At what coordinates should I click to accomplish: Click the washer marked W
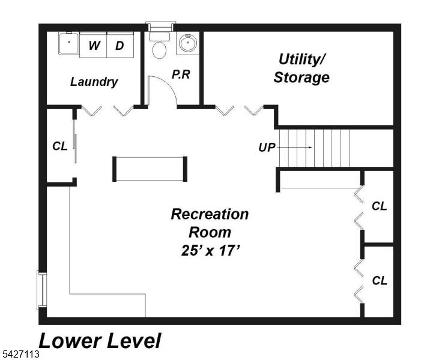click(93, 45)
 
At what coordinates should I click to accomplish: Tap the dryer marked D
click(120, 45)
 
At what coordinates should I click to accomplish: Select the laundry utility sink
click(69, 43)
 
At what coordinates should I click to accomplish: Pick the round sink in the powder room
click(188, 43)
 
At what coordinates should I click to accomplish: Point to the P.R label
click(181, 74)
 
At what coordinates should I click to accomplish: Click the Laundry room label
click(94, 82)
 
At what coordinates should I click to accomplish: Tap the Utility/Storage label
click(301, 68)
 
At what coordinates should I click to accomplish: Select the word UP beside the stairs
click(267, 148)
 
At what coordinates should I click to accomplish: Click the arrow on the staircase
click(294, 148)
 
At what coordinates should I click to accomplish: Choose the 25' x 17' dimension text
click(210, 250)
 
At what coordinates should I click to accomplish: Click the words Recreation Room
click(210, 223)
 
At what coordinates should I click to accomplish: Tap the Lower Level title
click(100, 341)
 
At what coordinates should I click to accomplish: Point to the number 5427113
click(20, 354)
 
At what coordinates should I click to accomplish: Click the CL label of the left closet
click(60, 146)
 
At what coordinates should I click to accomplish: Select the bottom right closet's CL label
click(380, 281)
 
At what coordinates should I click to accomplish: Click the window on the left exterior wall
click(41, 290)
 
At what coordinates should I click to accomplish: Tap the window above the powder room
click(161, 26)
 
